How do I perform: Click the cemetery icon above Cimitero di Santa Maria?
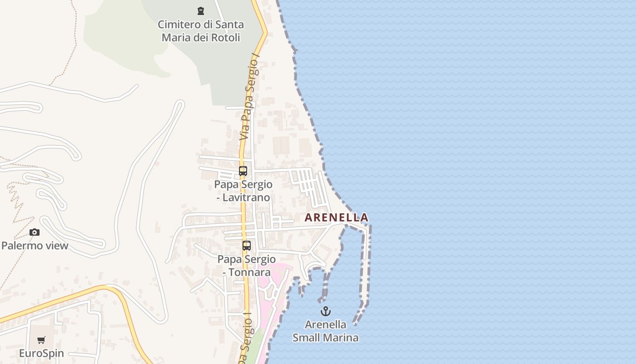[x=200, y=10]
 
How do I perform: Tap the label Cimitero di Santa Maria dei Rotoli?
[x=201, y=31]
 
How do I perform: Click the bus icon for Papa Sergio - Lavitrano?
[x=243, y=171]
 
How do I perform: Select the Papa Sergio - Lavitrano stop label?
[x=243, y=191]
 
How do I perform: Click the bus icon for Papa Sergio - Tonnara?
[x=247, y=246]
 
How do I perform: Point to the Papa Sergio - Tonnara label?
[x=247, y=266]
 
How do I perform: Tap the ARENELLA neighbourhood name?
[x=336, y=217]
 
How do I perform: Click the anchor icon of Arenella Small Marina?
[x=325, y=311]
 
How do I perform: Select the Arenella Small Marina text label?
[x=325, y=331]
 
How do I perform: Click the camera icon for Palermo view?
[x=35, y=233]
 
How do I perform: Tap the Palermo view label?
[x=35, y=246]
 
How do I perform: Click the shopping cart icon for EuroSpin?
[x=41, y=340]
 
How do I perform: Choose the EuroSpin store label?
[x=41, y=353]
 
